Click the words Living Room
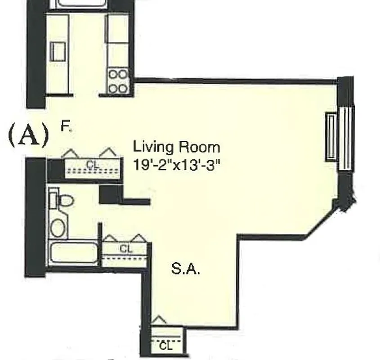pos(176,147)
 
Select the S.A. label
pos(185,270)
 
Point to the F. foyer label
pos(66,127)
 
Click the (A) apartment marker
pos(28,136)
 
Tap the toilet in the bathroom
pos(63,200)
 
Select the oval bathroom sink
pos(58,227)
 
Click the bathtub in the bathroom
pos(73,253)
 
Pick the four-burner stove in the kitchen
pos(118,81)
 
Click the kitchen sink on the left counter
pos(58,51)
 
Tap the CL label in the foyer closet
pos(93,165)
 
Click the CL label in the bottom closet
pos(166,346)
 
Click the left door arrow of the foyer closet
pos(70,153)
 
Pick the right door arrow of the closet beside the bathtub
pos(138,238)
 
